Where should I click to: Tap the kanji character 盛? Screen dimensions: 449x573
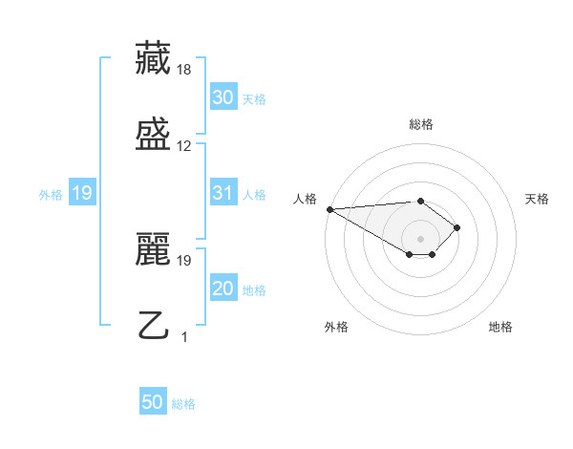tap(153, 135)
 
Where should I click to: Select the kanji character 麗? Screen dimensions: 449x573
tap(153, 250)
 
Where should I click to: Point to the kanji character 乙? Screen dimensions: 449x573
tap(153, 326)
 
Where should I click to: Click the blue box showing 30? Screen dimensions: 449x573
tap(223, 97)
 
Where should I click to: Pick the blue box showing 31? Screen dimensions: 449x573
tap(223, 194)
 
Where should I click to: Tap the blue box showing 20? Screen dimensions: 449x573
tap(223, 289)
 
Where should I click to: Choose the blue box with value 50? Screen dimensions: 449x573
tap(153, 403)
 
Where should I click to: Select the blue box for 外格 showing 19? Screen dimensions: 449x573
tap(82, 194)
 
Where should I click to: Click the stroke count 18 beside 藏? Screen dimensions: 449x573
tap(184, 70)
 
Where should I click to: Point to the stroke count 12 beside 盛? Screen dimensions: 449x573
tap(184, 146)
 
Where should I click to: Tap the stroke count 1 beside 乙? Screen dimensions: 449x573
tap(184, 336)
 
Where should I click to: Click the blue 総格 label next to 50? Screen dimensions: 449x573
tap(183, 404)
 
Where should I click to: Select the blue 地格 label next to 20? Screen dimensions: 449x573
tap(254, 290)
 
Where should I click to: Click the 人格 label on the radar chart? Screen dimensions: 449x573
tap(306, 198)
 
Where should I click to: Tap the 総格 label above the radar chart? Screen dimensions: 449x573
tap(420, 124)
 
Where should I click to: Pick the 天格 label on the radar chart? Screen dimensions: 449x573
tap(537, 198)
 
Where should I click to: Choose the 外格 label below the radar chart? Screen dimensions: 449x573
tap(336, 327)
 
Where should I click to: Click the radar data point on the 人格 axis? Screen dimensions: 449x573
tap(329, 209)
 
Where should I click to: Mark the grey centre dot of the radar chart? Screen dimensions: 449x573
tap(420, 238)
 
